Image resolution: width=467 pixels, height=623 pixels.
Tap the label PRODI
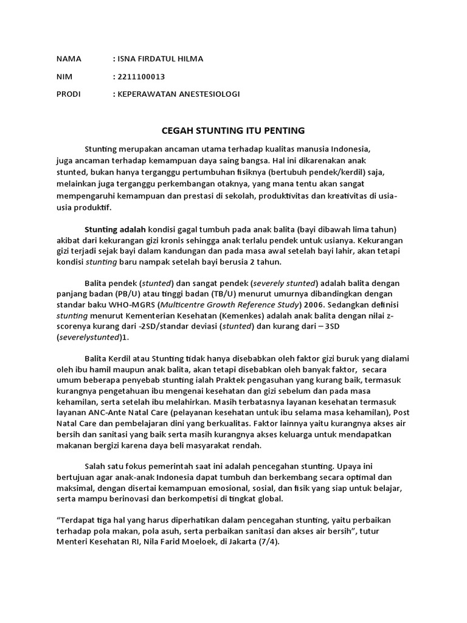pyautogui.click(x=69, y=94)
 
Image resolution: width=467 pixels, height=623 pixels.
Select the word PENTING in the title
pyautogui.click(x=284, y=131)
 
